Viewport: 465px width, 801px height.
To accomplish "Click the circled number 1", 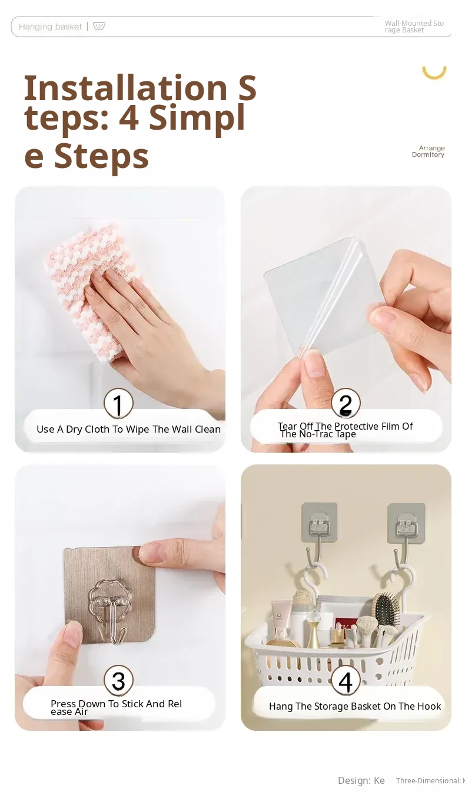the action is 118,403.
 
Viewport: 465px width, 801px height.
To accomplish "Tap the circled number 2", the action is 346,403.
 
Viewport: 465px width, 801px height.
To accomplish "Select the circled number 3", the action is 118,681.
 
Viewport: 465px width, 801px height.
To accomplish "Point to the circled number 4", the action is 346,681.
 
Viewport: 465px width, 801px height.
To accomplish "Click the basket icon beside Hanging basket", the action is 99,26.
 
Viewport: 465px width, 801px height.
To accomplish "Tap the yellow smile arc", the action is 434,73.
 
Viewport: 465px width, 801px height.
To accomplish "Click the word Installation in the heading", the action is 125,88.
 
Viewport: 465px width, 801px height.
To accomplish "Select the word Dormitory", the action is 428,154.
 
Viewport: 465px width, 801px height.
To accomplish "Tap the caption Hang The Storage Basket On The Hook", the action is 355,706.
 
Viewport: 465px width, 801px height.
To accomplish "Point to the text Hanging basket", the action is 51,27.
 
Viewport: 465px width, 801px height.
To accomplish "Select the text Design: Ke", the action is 361,780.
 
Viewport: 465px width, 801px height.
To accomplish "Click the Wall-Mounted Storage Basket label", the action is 414,27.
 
